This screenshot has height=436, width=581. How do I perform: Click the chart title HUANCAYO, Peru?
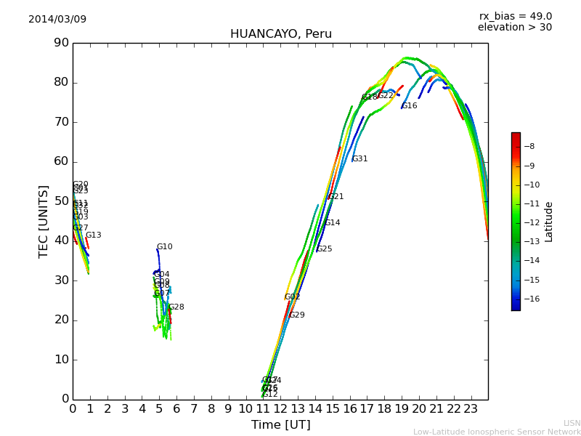pos(280,34)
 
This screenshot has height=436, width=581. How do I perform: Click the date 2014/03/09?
pos(57,19)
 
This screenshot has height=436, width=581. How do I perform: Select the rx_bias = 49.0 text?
pos(515,16)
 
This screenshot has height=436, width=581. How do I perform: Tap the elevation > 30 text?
pos(514,28)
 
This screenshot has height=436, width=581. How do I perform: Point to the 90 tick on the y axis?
pos(60,43)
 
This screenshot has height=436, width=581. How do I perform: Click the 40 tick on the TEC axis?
pos(60,241)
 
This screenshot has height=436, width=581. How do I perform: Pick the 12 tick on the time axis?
pos(280,409)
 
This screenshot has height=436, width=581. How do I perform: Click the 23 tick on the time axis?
pos(471,409)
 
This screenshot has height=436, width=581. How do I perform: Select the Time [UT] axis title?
pos(280,425)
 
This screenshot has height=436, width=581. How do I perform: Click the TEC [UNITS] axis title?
pos(44,221)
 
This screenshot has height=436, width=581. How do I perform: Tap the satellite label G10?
pos(165,247)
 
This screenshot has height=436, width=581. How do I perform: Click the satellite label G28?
pos(176,307)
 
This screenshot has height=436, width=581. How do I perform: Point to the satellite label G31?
pos(359,159)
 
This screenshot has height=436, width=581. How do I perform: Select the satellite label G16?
pos(410,106)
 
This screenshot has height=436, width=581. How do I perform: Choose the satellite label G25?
pos(324,249)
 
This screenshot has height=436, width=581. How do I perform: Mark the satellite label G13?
pos(94,235)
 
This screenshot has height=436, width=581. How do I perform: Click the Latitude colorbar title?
pos(549,221)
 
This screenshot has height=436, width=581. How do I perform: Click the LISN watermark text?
pos(572,423)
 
